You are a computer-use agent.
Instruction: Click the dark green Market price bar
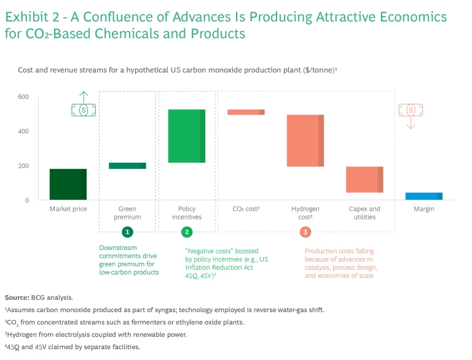68,184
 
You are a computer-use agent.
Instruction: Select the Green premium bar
127,165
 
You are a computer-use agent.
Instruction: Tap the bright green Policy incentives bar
187,136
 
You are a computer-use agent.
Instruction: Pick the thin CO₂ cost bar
246,112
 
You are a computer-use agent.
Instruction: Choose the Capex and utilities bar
364,179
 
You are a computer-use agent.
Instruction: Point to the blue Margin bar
423,196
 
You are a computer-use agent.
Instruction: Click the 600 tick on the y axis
23,96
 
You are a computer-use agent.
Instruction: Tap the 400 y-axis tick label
23,131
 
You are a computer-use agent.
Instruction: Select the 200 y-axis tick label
23,166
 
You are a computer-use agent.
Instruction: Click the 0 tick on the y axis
26,200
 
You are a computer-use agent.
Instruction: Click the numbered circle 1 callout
127,232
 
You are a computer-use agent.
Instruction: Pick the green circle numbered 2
187,232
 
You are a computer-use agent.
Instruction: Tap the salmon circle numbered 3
305,232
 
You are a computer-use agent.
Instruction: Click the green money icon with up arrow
84,106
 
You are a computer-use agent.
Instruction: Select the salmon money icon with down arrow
411,113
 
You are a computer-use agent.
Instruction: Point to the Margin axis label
423,209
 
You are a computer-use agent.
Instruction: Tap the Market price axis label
68,209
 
